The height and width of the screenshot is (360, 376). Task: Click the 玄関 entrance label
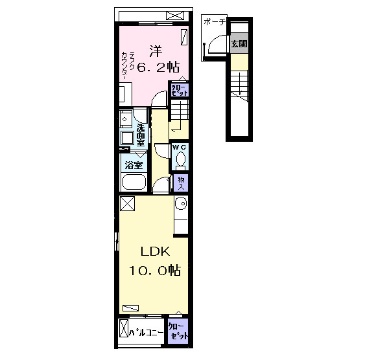click(x=239, y=44)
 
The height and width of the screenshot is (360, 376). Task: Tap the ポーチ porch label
click(x=215, y=22)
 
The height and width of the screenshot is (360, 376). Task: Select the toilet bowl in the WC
click(x=181, y=160)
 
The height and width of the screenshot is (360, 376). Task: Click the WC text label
click(x=180, y=148)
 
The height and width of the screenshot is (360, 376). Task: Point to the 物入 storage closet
click(x=181, y=183)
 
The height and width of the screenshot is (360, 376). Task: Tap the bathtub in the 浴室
click(x=134, y=182)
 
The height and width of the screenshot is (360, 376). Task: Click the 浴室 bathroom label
click(x=134, y=165)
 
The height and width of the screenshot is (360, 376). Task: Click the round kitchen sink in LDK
click(x=181, y=203)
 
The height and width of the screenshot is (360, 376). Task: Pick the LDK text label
click(x=155, y=252)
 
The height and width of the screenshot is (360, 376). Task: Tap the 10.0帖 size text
click(x=155, y=271)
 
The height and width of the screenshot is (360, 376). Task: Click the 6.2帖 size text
click(x=158, y=67)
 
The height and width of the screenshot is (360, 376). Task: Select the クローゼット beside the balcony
click(x=178, y=332)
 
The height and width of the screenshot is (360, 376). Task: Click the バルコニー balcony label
click(x=147, y=332)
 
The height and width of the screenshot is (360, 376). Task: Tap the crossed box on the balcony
click(x=124, y=328)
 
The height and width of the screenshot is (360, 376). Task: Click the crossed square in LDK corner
click(x=127, y=203)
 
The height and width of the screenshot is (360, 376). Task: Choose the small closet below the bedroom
click(x=180, y=90)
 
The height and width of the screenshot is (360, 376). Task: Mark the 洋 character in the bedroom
click(x=156, y=51)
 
